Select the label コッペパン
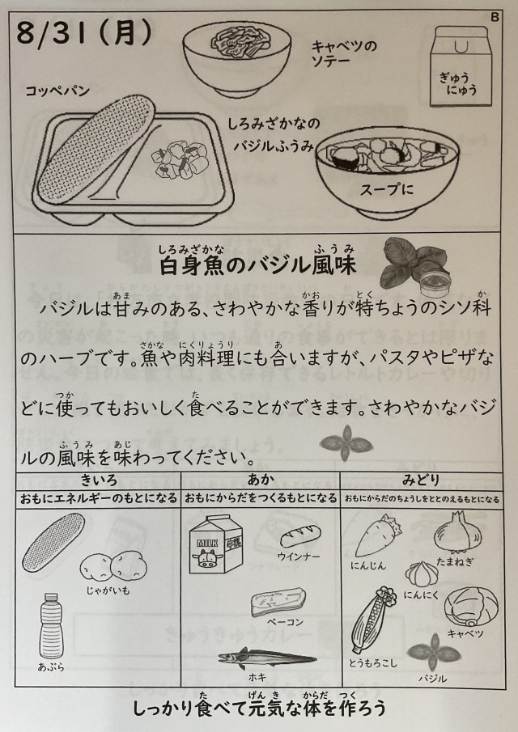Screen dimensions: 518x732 click(x=57, y=91)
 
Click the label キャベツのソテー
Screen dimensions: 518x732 click(x=344, y=53)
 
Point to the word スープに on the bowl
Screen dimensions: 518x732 click(x=387, y=189)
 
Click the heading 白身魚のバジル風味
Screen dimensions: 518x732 click(x=258, y=265)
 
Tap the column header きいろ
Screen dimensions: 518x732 click(x=99, y=480)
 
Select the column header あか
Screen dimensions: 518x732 click(x=260, y=480)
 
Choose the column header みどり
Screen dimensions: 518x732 click(x=421, y=480)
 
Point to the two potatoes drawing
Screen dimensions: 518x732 click(x=113, y=566)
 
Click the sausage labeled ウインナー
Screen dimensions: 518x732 click(x=300, y=536)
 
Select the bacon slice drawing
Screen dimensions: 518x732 click(x=278, y=602)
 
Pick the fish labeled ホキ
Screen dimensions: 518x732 click(x=267, y=658)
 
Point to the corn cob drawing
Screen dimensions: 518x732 click(x=372, y=619)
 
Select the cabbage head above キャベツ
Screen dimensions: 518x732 click(x=471, y=607)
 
